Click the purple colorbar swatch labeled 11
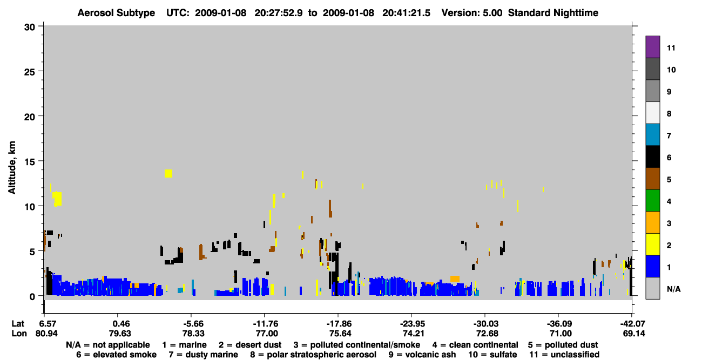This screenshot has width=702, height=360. (652, 46)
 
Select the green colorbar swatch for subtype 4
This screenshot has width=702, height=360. (652, 201)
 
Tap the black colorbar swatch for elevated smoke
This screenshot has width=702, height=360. (652, 157)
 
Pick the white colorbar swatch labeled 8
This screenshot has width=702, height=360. (652, 113)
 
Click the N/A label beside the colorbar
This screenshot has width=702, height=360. (673, 289)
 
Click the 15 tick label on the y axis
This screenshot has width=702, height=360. (30, 162)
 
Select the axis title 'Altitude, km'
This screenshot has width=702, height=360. (11, 168)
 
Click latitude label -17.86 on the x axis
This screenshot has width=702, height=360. (339, 324)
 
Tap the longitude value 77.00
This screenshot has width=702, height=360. (267, 334)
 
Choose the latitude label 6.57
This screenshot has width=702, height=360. (46, 324)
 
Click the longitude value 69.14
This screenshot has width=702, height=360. (634, 334)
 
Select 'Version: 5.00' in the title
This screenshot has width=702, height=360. (471, 13)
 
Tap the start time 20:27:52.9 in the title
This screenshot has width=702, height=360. (279, 13)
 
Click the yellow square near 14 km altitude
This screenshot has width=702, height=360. (168, 173)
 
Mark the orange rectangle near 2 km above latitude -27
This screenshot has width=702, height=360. (455, 279)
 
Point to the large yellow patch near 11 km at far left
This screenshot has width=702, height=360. (57, 199)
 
